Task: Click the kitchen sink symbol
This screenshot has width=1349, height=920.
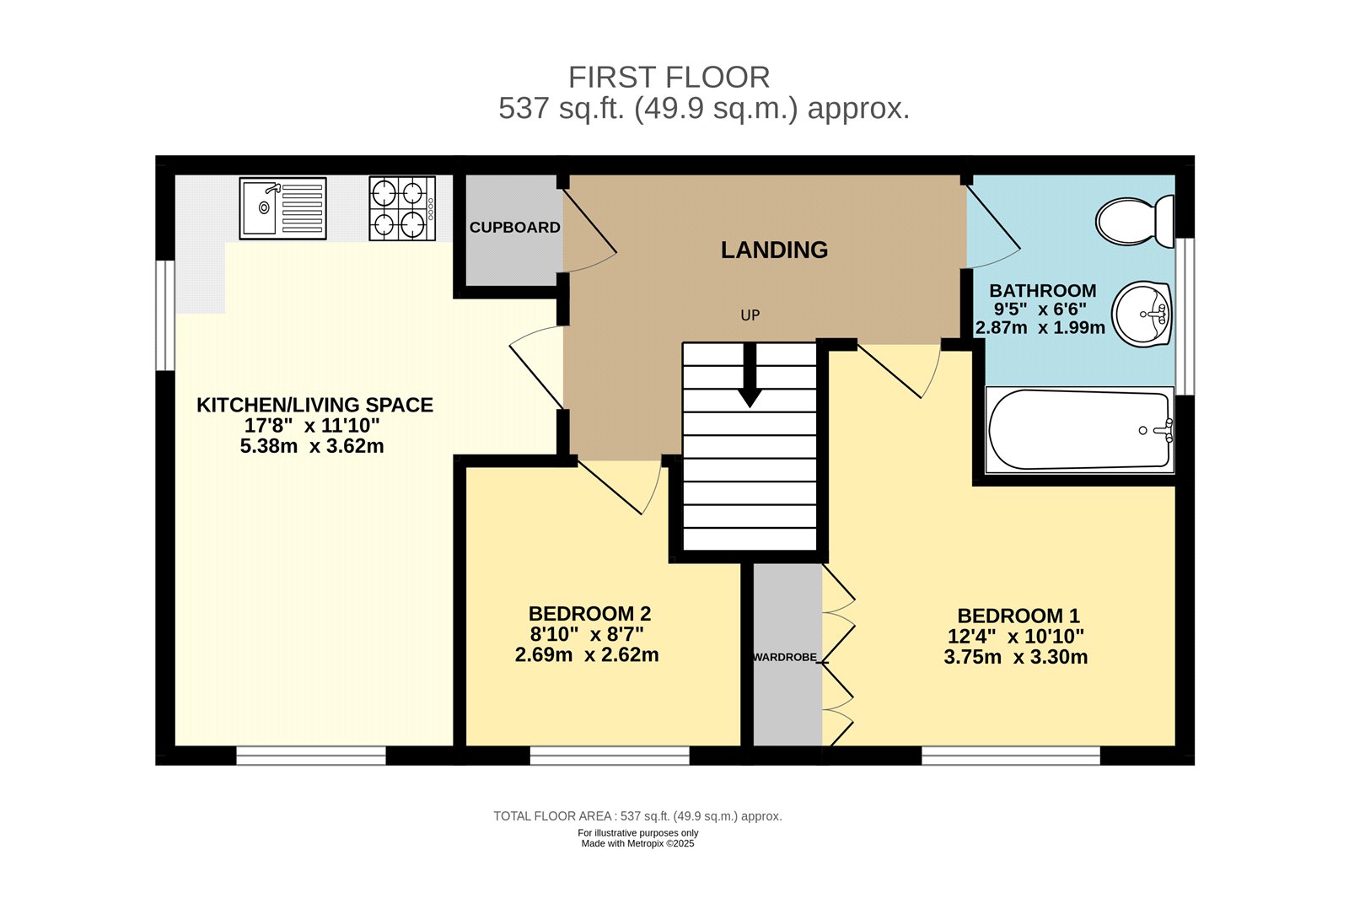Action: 282,207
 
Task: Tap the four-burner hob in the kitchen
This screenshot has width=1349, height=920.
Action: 402,208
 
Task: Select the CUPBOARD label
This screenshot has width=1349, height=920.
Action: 514,228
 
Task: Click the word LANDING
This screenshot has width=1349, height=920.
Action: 774,250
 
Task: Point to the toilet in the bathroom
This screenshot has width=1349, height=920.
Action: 1135,221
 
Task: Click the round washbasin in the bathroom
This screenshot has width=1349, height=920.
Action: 1142,314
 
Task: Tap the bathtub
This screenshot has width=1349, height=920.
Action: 1080,430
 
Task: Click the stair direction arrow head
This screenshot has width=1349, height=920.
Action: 749,398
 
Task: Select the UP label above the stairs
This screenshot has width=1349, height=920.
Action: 750,315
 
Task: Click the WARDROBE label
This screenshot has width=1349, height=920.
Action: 785,657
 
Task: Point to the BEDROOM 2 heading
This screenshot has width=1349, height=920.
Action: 589,614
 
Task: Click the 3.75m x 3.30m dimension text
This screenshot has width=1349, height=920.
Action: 1015,658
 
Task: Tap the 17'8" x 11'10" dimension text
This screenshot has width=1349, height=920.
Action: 312,426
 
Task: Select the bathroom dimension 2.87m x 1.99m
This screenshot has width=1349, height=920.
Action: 1040,328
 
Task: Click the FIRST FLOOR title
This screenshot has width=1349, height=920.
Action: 669,78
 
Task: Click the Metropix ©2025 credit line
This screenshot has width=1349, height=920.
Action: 637,844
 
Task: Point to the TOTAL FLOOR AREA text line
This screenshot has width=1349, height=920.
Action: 637,816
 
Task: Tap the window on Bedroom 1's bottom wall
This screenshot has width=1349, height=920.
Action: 1010,756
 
